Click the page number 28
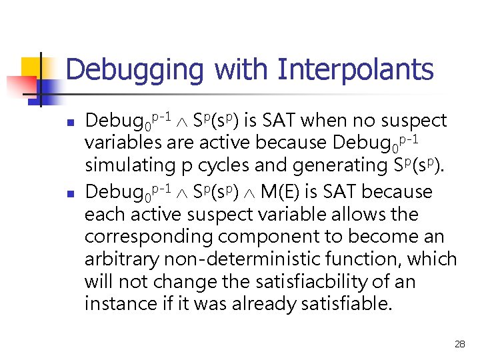(x=459, y=344)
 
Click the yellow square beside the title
(x=32, y=68)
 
